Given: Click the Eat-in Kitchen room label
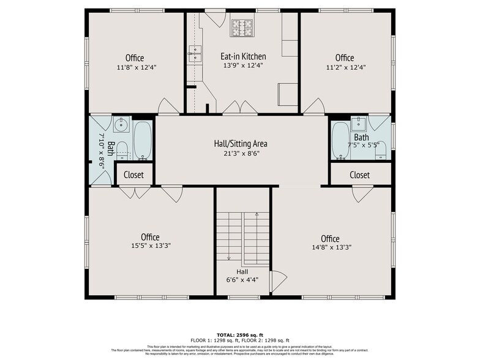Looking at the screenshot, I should coord(243,56).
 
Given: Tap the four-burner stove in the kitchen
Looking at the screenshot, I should coord(241,28).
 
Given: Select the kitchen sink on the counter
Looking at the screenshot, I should coord(194,54).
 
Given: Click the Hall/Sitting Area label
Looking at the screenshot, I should coord(241,144).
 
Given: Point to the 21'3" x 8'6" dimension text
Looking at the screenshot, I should coord(241,154).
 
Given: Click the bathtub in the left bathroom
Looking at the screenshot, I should coord(143,140).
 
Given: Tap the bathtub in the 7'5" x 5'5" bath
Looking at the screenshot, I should coord(340,140).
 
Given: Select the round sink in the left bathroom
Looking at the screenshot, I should coord(121,125).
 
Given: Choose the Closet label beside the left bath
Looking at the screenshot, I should coord(133,175).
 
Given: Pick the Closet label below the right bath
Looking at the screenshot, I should coord(360,175).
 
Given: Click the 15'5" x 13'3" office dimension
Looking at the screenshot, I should coord(150,246).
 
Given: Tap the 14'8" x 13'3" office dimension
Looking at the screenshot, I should coord(330,247).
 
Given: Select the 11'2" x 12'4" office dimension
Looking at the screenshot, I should coord(345,67).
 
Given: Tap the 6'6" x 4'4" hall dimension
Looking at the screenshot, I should coord(243,280).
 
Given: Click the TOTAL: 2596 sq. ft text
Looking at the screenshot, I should coord(240,335).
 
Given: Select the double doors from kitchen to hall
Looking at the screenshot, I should coord(240,108).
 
